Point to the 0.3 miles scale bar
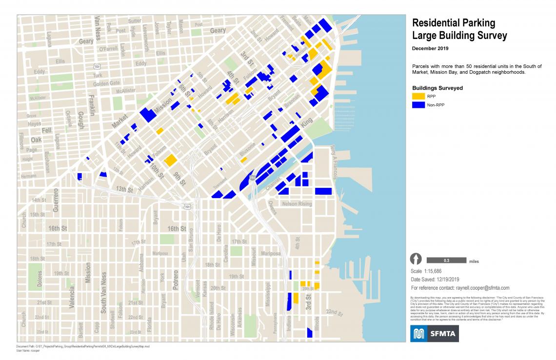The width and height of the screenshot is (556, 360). click(446, 260)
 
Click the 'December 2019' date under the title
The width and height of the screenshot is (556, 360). click(430, 49)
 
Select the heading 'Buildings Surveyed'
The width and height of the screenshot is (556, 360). click(437, 88)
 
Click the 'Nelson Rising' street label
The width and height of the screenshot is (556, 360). click(296, 203)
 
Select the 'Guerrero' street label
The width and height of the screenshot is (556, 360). click(56, 200)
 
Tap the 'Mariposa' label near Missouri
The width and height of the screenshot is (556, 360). click(271, 254)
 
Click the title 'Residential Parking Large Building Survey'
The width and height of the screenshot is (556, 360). click(460, 29)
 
